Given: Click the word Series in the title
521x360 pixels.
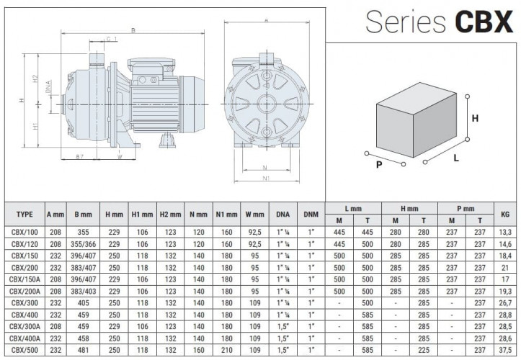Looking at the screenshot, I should pos(406,22).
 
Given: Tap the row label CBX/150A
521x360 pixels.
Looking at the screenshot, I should pos(25,278).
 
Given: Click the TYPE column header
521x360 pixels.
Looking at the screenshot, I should pos(25,214).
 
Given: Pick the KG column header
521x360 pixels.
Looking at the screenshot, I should pos(504,214).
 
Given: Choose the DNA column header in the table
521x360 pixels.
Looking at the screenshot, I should pos(282,214).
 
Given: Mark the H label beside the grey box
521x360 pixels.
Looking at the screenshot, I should pos(475,118).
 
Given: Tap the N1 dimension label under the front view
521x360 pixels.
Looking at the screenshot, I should pos(265,179).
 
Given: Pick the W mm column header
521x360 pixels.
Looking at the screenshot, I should pos(254,214).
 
